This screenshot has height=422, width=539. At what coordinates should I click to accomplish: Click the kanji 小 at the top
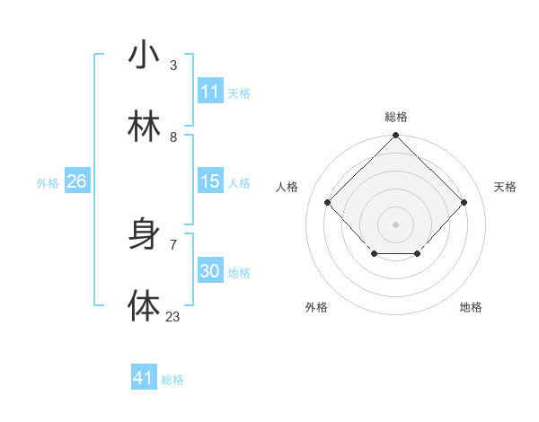(x=144, y=55)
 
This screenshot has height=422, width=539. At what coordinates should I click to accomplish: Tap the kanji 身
(x=144, y=234)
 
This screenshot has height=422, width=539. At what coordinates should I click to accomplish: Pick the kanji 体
(x=144, y=306)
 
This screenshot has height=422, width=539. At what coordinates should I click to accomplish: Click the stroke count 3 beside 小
(x=173, y=65)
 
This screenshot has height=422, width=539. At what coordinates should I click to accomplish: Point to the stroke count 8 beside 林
(x=173, y=136)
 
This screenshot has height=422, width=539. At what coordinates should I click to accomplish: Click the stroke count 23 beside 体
(x=172, y=316)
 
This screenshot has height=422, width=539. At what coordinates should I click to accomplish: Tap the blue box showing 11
(x=210, y=92)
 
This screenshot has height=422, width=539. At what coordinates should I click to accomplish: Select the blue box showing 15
(x=210, y=181)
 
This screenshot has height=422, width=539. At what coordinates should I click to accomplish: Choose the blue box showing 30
(x=210, y=271)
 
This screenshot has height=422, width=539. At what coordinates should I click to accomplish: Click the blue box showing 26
(x=76, y=181)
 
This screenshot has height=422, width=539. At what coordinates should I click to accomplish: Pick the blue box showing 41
(x=144, y=378)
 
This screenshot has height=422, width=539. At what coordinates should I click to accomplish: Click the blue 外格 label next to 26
(x=48, y=182)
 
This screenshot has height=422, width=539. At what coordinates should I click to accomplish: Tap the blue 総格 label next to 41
(x=172, y=380)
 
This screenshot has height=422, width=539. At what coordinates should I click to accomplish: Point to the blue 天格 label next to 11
(x=239, y=92)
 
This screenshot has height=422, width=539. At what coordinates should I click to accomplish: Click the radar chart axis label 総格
(x=396, y=117)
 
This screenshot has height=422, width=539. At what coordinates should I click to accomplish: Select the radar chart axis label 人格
(x=287, y=187)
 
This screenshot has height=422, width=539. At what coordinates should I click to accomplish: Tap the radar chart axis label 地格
(x=471, y=307)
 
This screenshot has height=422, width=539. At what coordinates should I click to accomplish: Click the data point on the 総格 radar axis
(x=396, y=136)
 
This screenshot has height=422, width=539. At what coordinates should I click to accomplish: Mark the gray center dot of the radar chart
(x=396, y=223)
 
